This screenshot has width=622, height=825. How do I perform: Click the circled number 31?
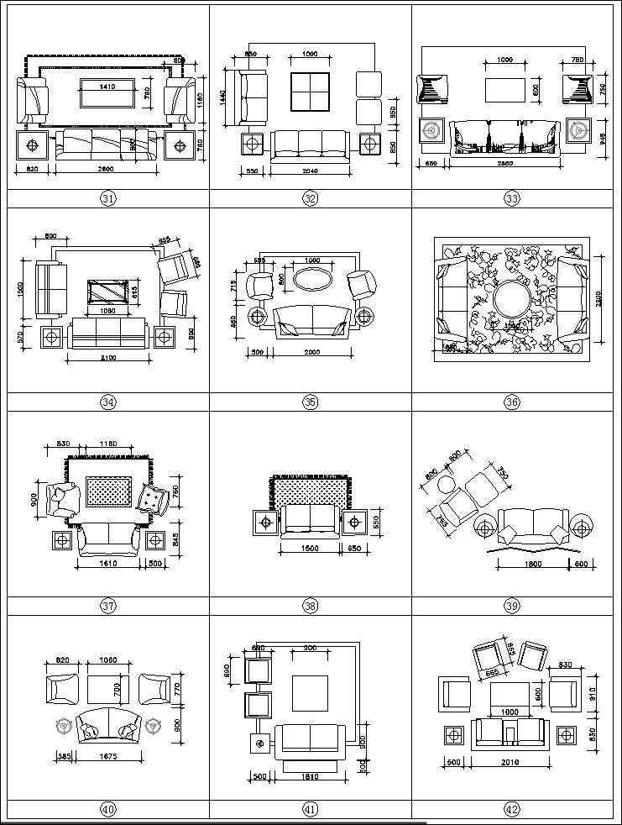(x=108, y=199)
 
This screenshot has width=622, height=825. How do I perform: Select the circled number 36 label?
(x=512, y=402)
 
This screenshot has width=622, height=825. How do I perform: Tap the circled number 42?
(x=512, y=810)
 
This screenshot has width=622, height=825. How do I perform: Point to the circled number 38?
(x=311, y=606)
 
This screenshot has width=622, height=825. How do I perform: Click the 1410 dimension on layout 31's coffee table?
(x=106, y=86)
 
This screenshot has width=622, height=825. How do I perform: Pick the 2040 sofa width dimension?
(x=310, y=170)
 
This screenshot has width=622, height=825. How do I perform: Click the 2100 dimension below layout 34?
(x=108, y=358)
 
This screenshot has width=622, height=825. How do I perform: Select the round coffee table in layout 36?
(x=510, y=299)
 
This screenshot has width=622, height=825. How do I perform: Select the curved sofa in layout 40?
(x=107, y=726)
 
